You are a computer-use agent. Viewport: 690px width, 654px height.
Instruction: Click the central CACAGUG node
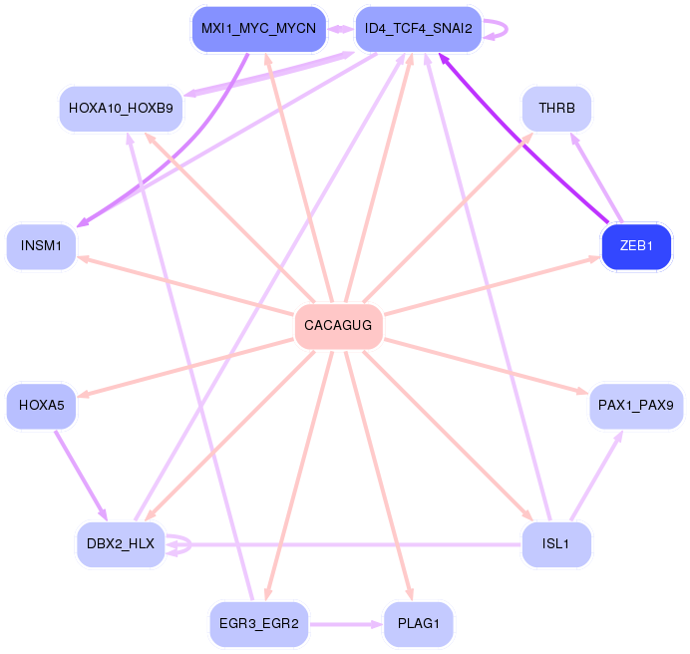(x=338, y=326)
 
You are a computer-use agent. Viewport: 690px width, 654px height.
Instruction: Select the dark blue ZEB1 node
(x=636, y=246)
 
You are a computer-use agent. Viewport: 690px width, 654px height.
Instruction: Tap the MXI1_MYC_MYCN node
(x=258, y=29)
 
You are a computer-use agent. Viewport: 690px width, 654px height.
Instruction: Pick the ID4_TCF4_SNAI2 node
(x=419, y=29)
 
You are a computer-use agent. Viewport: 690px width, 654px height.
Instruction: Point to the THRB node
(x=556, y=108)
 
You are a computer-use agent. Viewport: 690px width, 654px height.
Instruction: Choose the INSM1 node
(x=41, y=246)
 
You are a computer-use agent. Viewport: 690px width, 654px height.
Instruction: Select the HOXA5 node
(x=41, y=406)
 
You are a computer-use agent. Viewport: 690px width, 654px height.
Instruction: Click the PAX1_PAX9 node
(x=636, y=406)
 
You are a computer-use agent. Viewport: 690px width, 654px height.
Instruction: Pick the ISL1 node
(x=556, y=544)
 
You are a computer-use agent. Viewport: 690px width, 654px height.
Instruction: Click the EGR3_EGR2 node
(x=258, y=624)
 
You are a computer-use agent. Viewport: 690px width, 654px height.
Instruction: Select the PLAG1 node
(x=419, y=624)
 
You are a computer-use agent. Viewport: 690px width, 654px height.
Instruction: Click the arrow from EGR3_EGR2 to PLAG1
(x=345, y=624)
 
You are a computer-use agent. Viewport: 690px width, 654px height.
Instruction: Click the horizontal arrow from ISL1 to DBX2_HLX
(x=349, y=545)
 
